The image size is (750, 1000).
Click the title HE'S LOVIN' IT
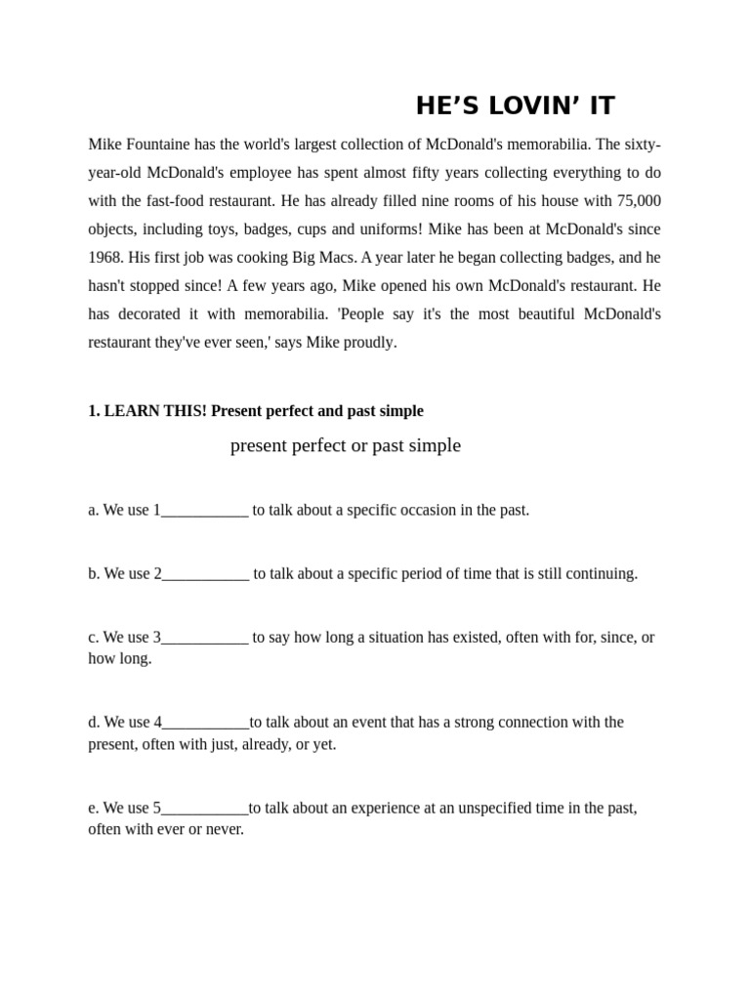pyautogui.click(x=515, y=105)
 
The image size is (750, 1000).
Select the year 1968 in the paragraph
pyautogui.click(x=105, y=258)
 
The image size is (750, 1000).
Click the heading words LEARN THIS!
pyautogui.click(x=155, y=411)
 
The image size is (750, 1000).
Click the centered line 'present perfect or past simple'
pyautogui.click(x=345, y=446)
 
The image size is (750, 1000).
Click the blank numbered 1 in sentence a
pyautogui.click(x=204, y=511)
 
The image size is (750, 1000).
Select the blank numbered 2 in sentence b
pyautogui.click(x=205, y=574)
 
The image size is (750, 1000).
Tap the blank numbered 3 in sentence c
pyautogui.click(x=204, y=638)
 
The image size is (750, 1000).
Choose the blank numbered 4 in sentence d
pyautogui.click(x=205, y=723)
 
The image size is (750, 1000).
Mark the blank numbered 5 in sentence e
pyautogui.click(x=204, y=809)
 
